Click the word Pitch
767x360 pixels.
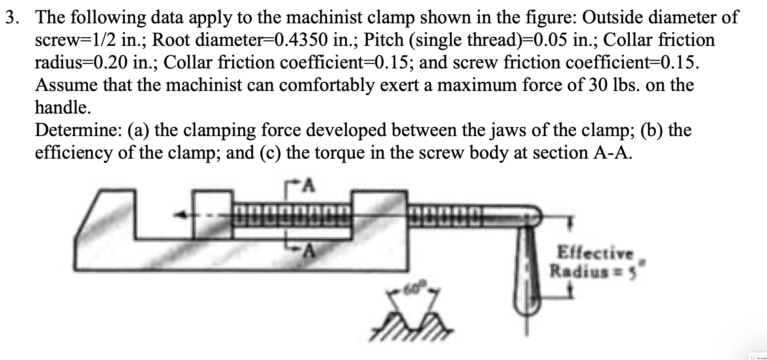tap(383, 40)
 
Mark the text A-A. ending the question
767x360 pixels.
tap(611, 153)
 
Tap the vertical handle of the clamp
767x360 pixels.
tap(528, 277)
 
